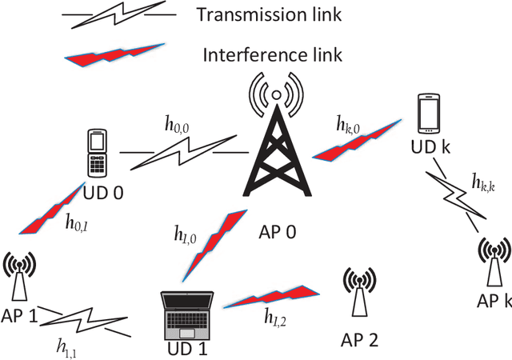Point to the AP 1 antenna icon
click(19, 276)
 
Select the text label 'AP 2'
click(358, 339)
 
